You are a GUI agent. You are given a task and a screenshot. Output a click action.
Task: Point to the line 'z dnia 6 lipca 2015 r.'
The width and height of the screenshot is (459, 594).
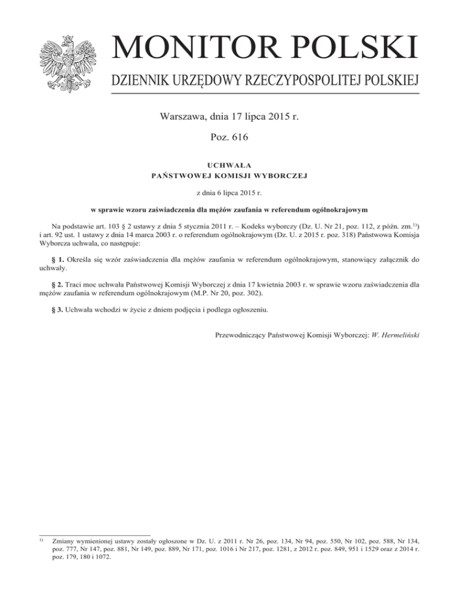click(x=229, y=194)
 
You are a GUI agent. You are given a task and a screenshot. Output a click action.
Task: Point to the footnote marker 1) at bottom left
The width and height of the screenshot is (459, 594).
click(x=41, y=537)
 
